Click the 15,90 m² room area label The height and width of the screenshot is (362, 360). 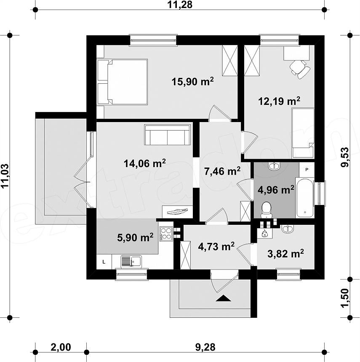click(192, 82)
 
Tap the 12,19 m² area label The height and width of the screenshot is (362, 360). click(279, 101)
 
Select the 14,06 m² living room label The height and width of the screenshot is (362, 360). click(145, 163)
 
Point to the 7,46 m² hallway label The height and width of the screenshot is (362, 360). click(222, 171)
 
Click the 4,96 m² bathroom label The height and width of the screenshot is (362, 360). click(276, 190)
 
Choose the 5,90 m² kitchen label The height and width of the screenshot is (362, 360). click(135, 237)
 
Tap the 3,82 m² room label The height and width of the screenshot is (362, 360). click(285, 254)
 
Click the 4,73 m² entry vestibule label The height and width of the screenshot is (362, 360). click(216, 247)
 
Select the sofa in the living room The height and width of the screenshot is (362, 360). click(168, 135)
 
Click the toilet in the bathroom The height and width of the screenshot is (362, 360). click(267, 210)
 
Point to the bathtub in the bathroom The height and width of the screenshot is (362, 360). click(304, 197)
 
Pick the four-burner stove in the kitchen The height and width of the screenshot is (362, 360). click(166, 234)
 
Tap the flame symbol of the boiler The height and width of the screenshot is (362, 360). click(264, 234)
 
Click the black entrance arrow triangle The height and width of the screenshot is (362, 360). click(224, 298)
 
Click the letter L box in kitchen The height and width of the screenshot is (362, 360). click(104, 262)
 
